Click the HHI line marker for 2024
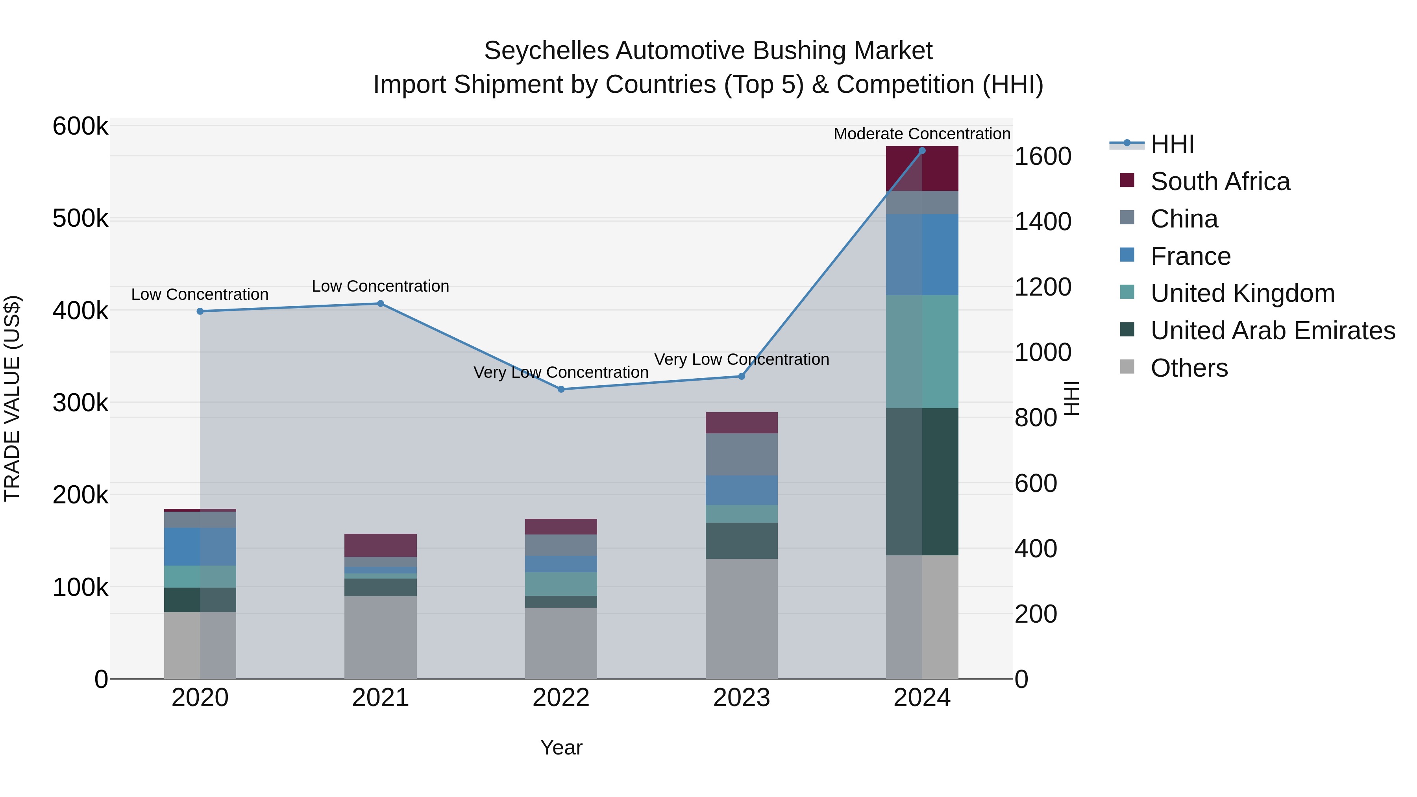pos(922,151)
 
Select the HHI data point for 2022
pos(561,389)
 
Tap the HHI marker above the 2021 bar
pos(380,303)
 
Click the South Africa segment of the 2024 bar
pos(922,169)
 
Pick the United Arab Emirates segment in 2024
pos(922,481)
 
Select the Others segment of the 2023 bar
pos(742,619)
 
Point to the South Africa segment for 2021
pos(380,545)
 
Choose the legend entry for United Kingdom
pos(1242,293)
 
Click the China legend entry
pos(1184,219)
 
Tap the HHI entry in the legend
pos(1172,144)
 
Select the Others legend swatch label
pos(1189,368)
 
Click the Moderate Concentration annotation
pos(922,134)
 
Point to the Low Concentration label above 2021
pos(380,286)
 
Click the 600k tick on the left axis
pos(80,126)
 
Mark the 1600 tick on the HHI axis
pos(1042,157)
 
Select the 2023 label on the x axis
pos(742,698)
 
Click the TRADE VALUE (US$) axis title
pos(13,398)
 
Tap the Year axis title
pos(561,747)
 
